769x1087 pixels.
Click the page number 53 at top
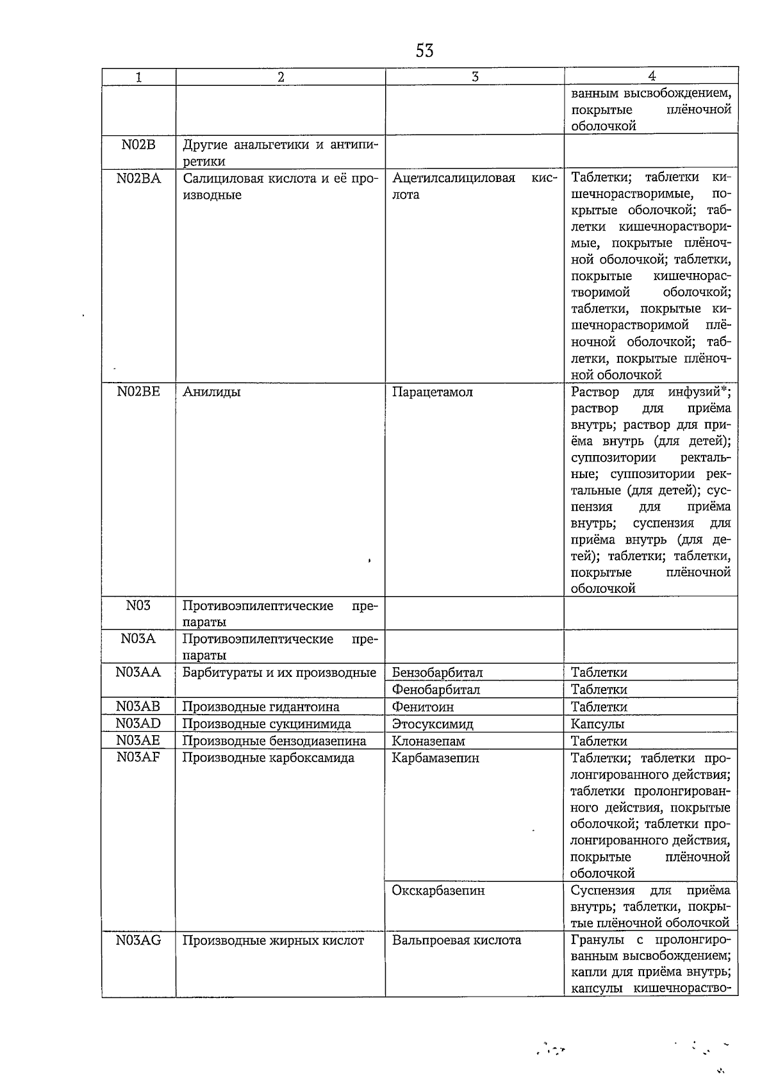pyautogui.click(x=424, y=51)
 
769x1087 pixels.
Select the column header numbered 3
pyautogui.click(x=474, y=76)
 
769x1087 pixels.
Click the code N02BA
pyautogui.click(x=138, y=178)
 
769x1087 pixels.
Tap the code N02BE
pyautogui.click(x=138, y=392)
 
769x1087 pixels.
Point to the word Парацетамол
pyautogui.click(x=432, y=392)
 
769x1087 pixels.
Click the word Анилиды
pyautogui.click(x=211, y=392)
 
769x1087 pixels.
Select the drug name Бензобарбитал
pyautogui.click(x=437, y=672)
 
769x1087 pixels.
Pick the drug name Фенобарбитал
pyautogui.click(x=436, y=690)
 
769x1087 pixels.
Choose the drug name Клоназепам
pyautogui.click(x=428, y=742)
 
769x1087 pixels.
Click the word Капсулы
pyautogui.click(x=597, y=724)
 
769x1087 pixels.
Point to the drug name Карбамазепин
pyautogui.click(x=435, y=758)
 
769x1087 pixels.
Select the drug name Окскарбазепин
pyautogui.click(x=438, y=891)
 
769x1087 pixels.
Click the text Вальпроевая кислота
pyautogui.click(x=456, y=940)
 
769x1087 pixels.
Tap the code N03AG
pyautogui.click(x=138, y=940)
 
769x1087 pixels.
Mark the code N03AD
pyautogui.click(x=138, y=724)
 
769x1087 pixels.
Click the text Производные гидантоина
pyautogui.click(x=261, y=707)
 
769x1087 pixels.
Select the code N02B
pyautogui.click(x=138, y=144)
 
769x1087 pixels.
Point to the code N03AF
pyautogui.click(x=138, y=758)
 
